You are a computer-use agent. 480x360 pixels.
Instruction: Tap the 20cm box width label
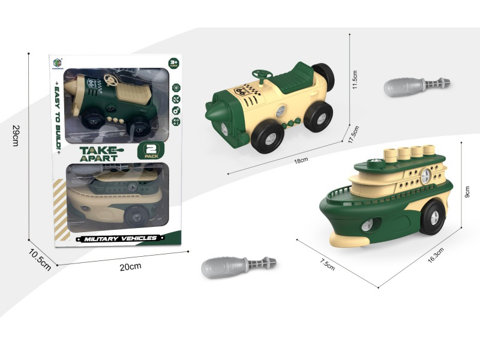[x=126, y=266]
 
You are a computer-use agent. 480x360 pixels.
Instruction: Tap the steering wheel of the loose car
[x=262, y=75]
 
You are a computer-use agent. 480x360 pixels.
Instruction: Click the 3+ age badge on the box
[x=173, y=62]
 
